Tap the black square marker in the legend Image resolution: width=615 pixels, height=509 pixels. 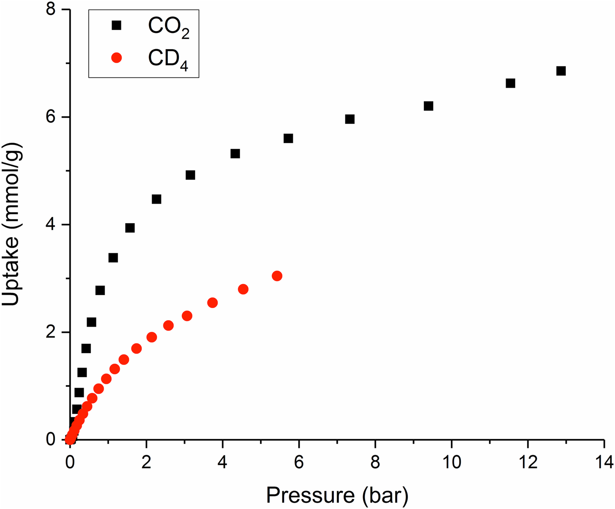tap(116, 25)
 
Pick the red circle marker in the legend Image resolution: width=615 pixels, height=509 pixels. tap(116, 58)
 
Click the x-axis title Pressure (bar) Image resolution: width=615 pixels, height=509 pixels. tap(337, 495)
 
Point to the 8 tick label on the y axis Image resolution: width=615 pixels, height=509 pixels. tap(52, 10)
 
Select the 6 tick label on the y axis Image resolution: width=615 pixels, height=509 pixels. tap(52, 117)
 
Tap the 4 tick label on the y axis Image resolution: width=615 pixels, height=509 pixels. tap(52, 225)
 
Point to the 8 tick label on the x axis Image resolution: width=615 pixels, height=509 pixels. tap(375, 462)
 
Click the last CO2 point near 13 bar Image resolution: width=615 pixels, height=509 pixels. tap(561, 71)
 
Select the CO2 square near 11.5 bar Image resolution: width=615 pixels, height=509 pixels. tap(510, 83)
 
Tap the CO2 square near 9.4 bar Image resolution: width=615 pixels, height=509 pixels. tap(429, 106)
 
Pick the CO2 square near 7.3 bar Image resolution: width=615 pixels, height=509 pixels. tap(350, 119)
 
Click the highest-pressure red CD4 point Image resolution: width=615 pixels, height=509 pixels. tap(277, 276)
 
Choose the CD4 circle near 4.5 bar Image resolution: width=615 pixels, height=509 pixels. tap(243, 289)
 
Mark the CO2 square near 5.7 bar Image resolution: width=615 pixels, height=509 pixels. tap(288, 139)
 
